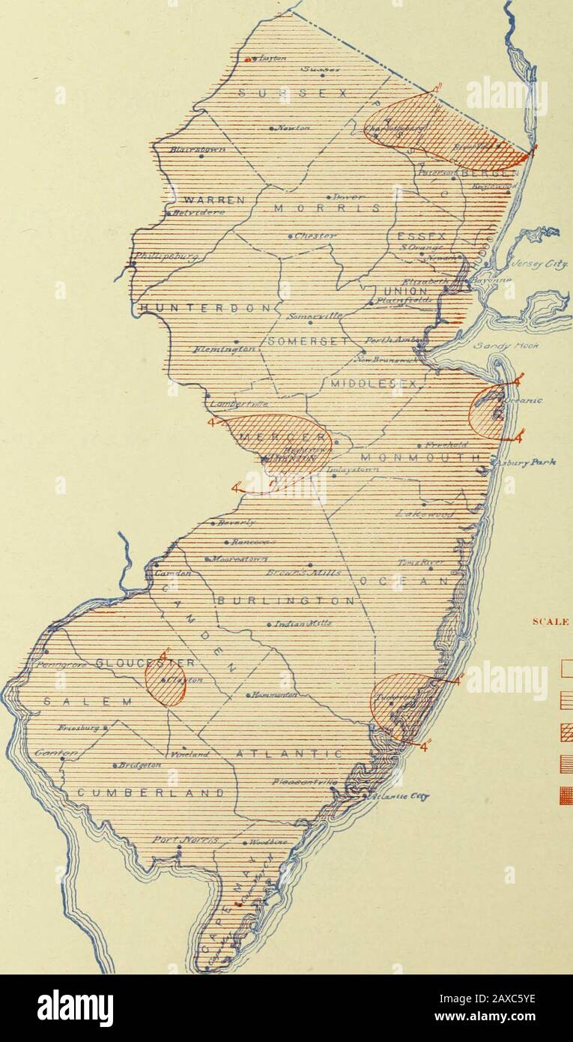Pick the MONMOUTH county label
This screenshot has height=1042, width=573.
[x=420, y=457]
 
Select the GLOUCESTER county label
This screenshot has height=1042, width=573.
[x=146, y=663]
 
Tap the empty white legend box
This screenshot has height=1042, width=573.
[x=566, y=667]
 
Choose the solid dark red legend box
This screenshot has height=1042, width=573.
[x=566, y=795]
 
